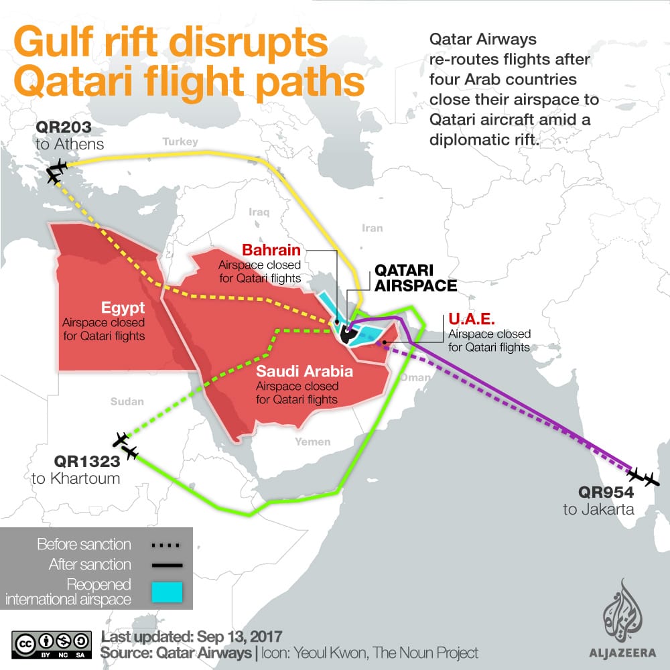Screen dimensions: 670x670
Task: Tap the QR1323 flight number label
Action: coord(87,461)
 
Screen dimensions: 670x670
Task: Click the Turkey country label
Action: coord(180,142)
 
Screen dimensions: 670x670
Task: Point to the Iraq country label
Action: coord(258,212)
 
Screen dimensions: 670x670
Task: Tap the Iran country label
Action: coord(372,228)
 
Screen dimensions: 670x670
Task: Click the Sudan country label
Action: coord(127,402)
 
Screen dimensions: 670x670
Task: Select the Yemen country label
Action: coord(313,442)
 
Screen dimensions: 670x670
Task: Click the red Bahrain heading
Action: coord(271,250)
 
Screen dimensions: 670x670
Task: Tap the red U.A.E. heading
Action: coord(471,320)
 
